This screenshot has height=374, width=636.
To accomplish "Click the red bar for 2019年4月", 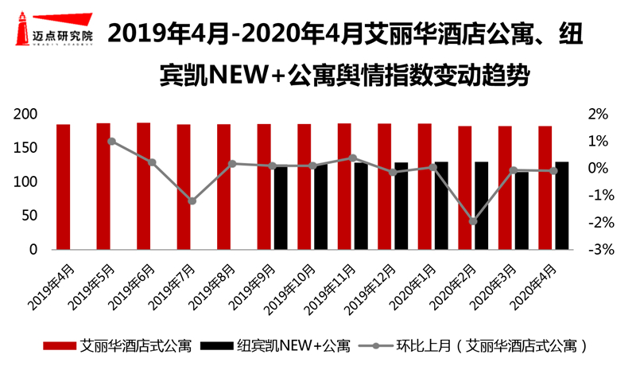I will pos(63,187).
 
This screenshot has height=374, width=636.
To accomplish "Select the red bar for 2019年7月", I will pos(184,187).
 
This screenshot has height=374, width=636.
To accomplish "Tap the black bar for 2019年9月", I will pos(281,208).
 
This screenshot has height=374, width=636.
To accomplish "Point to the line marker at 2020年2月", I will pos(473,221).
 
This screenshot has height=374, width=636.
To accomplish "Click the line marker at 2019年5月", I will pos(111,142).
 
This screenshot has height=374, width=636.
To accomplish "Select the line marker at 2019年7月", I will pos(192,201).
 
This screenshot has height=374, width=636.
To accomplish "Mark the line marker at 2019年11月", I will pos(352,158).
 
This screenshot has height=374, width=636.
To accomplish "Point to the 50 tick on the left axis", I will pos(30,216).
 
